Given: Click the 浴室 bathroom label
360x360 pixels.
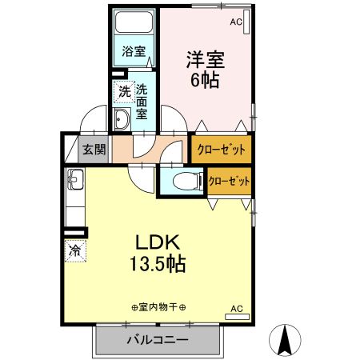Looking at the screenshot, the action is coord(134,51).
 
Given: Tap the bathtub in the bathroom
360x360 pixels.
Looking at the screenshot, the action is coord(134,22).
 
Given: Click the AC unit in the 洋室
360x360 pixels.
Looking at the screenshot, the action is coord(246,22).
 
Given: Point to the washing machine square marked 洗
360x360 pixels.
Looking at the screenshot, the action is coord(124,92).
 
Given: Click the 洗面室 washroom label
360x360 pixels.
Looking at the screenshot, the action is coord(142,102).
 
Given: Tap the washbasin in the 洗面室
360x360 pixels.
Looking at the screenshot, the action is coord(122,119).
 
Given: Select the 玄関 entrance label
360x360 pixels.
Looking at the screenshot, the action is coord(94,150).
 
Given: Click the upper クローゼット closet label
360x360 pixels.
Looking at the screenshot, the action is coord(222,150).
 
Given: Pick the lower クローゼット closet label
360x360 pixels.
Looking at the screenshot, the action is coord(230,182).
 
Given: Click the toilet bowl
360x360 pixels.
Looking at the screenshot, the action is coord(186,182).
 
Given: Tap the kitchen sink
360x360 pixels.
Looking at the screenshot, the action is coord(75,179).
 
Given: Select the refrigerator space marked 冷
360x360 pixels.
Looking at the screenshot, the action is coord(75,250).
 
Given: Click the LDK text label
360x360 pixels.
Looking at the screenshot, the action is coord(158,242).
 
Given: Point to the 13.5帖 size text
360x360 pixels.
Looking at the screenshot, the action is coord(158,264).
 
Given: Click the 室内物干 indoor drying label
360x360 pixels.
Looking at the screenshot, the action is coord(158,307).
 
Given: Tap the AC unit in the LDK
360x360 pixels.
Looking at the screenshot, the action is coord(237,317).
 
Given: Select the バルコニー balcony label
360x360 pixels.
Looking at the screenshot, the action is coord(158,340).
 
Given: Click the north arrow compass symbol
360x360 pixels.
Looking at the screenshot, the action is coord(285,340).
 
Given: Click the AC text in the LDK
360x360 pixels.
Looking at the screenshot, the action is coord(237,309).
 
